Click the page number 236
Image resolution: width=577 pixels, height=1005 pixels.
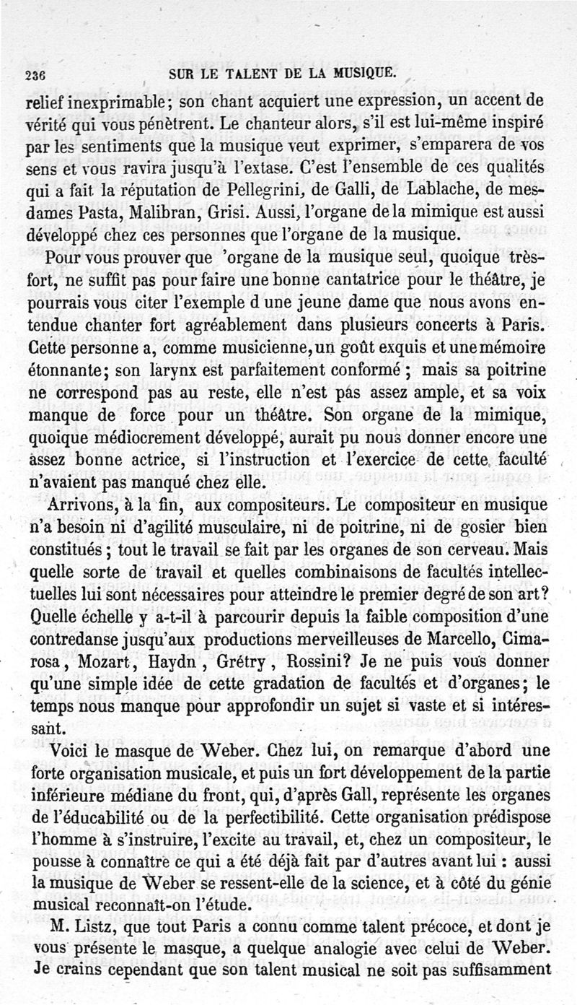point(34,74)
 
